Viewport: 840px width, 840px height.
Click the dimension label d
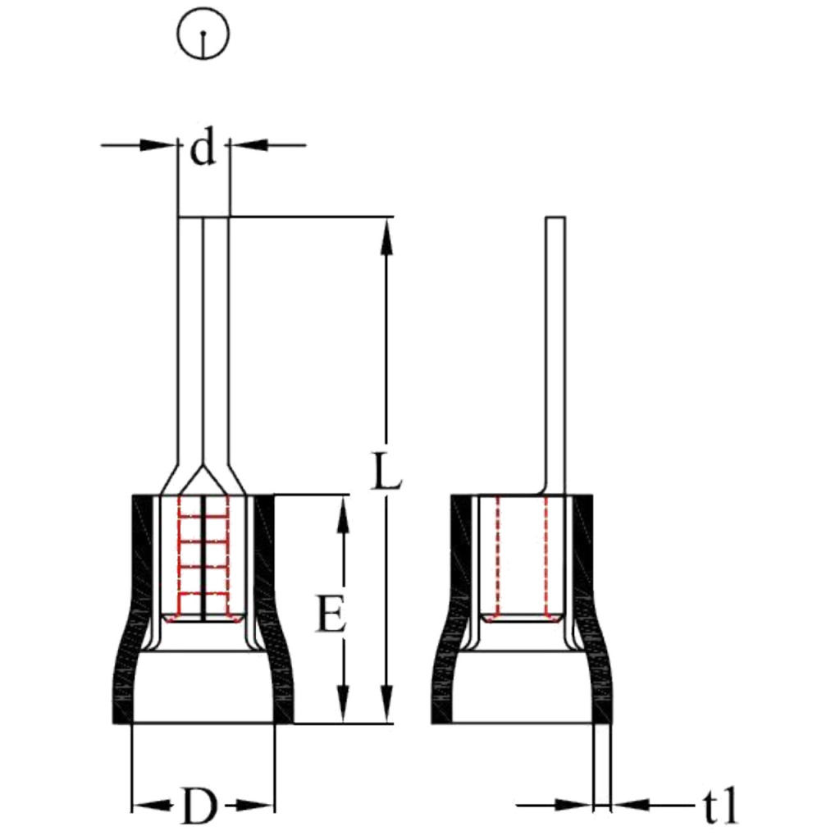pyautogui.click(x=203, y=149)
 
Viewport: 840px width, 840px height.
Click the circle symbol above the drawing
pyautogui.click(x=203, y=35)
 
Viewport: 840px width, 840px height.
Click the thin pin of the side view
pyautogui.click(x=555, y=353)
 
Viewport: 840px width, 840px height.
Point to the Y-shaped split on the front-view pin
pyautogui.click(x=203, y=479)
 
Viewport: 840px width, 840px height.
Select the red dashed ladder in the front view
pyautogui.click(x=203, y=555)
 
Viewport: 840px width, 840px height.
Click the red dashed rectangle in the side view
pyautogui.click(x=522, y=558)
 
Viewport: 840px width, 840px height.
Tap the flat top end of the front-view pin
pyautogui.click(x=203, y=218)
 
